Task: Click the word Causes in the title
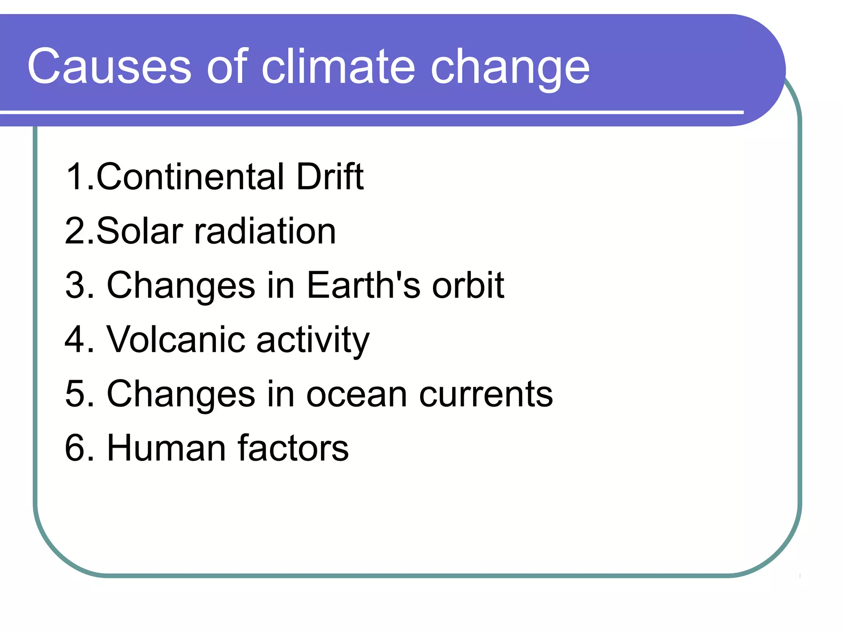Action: (x=109, y=67)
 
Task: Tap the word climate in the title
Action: (x=338, y=67)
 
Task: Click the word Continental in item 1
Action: (x=190, y=177)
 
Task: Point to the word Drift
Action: (x=330, y=177)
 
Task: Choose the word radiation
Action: (x=265, y=231)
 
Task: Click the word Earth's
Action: (x=363, y=285)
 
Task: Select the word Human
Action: (x=166, y=448)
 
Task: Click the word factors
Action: (x=293, y=448)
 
